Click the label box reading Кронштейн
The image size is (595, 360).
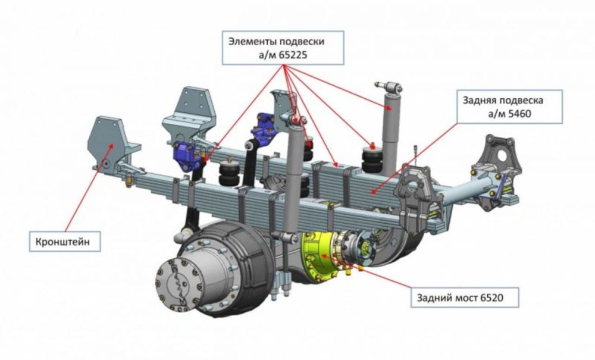[65, 241]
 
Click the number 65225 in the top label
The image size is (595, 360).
[293, 55]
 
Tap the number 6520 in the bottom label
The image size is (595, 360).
[491, 298]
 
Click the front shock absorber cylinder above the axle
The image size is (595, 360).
[295, 179]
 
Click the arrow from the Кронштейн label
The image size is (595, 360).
[89, 188]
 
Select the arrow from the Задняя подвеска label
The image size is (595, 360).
[414, 158]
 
